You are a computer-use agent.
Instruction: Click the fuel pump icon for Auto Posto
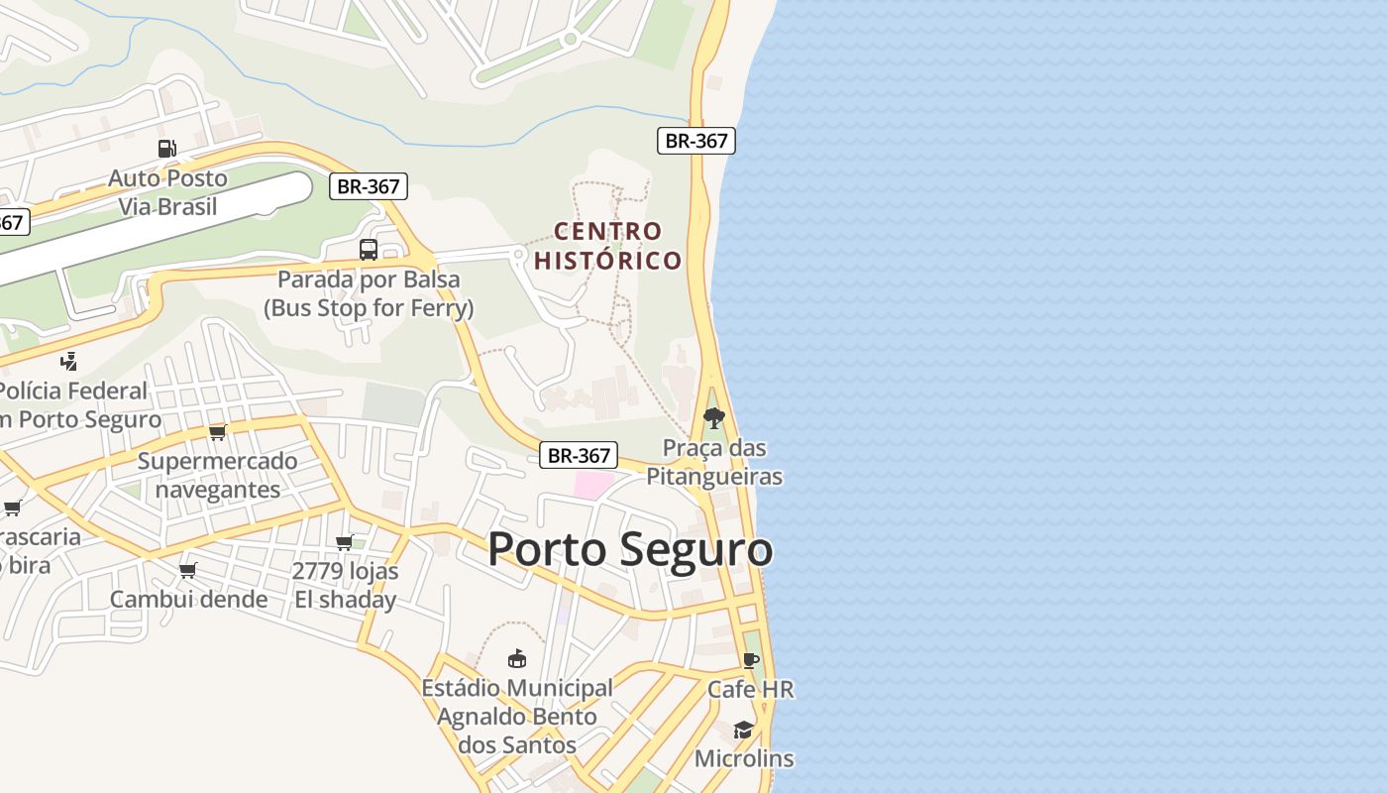(167, 149)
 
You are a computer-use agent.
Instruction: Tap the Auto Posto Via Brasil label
(168, 193)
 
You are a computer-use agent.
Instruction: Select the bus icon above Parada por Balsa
(369, 250)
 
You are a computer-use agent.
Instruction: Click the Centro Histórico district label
(608, 246)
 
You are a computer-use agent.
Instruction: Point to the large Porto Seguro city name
(630, 549)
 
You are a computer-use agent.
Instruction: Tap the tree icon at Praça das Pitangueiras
(713, 418)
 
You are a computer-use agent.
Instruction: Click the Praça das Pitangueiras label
(714, 463)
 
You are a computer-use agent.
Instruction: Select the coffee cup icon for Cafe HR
(751, 660)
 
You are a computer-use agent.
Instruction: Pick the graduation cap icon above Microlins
(743, 731)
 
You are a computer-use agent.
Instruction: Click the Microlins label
(744, 759)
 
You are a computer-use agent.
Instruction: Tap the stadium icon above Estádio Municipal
(516, 658)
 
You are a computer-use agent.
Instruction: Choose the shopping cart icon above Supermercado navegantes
(218, 432)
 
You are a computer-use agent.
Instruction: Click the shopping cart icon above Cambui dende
(188, 570)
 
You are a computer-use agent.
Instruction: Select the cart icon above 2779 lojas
(345, 542)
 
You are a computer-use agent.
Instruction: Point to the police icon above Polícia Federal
(68, 361)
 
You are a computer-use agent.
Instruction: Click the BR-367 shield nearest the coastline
(695, 141)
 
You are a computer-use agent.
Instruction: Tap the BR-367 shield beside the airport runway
(368, 186)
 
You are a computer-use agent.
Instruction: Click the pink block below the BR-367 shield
(594, 485)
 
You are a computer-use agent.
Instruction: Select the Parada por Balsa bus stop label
(369, 293)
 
